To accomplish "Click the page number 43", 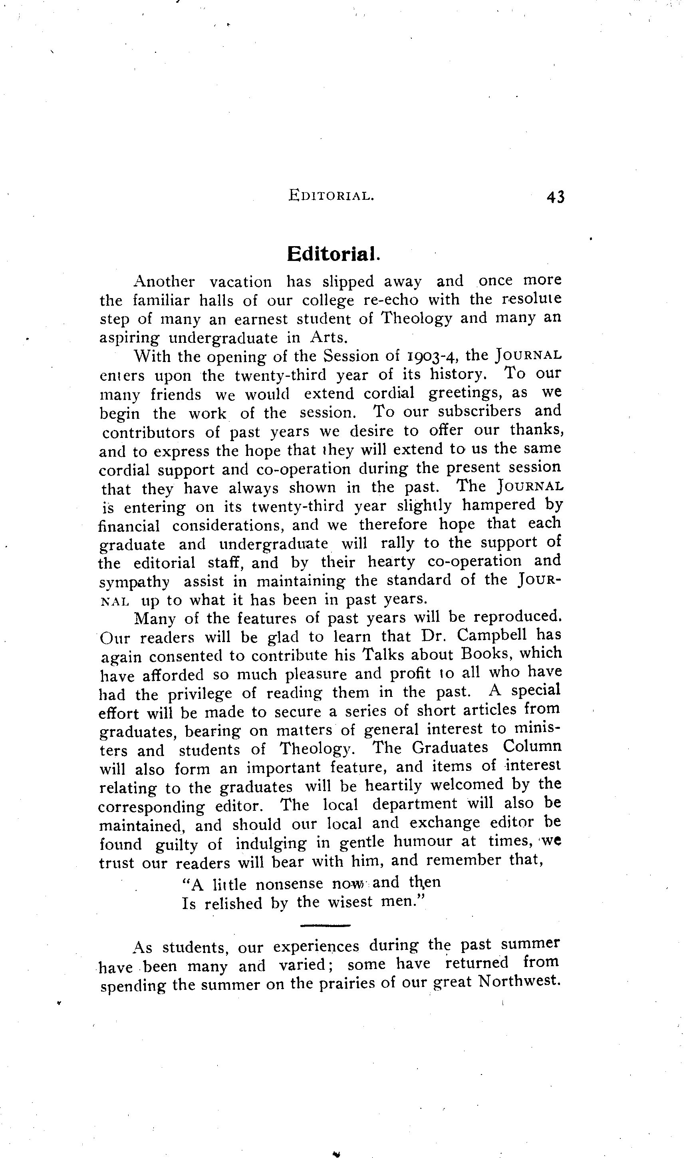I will tap(555, 197).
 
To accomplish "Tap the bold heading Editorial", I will tap(333, 254).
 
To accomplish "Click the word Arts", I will tap(328, 338).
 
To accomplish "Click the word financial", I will tap(129, 525).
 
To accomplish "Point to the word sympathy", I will tap(134, 582).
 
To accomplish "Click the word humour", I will tap(423, 842).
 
